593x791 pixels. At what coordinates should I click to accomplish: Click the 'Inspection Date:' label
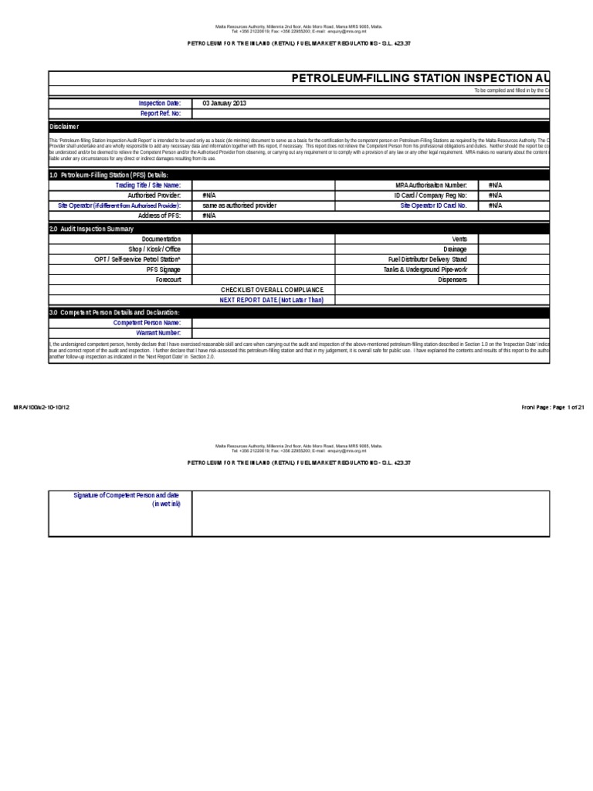point(159,103)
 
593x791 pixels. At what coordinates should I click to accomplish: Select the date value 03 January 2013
point(225,103)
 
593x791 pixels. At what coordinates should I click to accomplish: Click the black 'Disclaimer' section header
point(64,127)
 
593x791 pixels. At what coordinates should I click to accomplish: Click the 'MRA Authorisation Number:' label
point(431,185)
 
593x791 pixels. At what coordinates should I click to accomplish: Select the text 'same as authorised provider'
point(239,206)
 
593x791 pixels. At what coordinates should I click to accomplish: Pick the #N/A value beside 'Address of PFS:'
point(209,216)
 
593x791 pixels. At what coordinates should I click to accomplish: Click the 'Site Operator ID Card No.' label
point(433,206)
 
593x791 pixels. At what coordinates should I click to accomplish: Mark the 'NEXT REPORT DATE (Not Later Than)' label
point(271,300)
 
